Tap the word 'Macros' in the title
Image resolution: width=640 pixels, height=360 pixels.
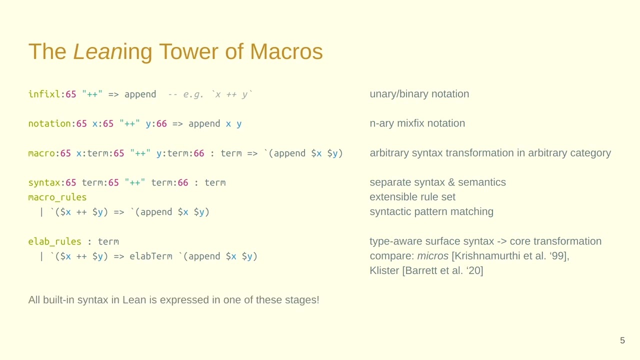286,52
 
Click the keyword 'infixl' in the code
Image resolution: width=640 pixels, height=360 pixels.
44,94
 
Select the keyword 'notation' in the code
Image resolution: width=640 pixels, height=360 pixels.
49,123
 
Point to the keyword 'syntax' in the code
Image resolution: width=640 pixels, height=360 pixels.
44,182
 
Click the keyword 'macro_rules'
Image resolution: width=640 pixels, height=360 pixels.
57,197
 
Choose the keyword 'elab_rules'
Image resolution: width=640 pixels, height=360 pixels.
54,241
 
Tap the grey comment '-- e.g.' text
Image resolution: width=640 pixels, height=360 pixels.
185,94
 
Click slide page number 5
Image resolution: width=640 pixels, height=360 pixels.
622,340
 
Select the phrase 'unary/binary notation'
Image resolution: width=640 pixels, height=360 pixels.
419,94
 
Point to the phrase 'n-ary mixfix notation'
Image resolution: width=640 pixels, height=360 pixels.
417,123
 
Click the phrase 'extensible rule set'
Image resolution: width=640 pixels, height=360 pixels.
412,197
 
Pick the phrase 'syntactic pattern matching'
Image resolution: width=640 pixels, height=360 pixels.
431,211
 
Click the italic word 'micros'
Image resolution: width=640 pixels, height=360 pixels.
432,256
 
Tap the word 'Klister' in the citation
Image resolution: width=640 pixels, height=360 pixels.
384,271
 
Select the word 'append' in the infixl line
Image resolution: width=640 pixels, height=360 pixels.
140,94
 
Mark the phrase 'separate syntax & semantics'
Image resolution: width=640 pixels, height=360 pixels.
437,182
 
